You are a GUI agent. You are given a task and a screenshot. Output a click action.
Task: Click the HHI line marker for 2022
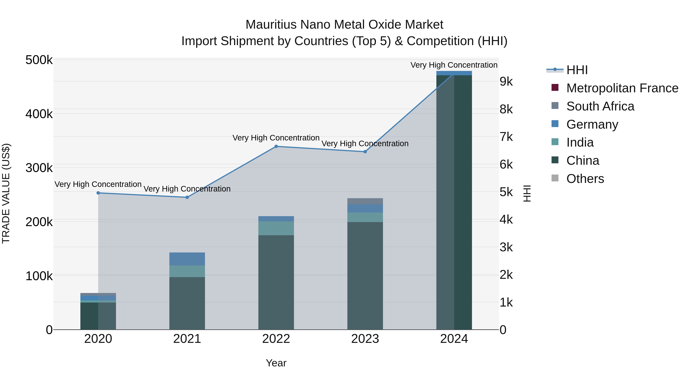coord(276,146)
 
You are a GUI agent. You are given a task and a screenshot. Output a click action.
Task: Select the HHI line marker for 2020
coord(98,193)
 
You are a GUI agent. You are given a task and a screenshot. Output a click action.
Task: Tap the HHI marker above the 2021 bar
coord(187,197)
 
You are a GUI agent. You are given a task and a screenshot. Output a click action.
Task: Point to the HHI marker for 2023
coord(365,152)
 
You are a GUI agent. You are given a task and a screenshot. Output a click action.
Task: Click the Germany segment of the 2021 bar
coord(187,259)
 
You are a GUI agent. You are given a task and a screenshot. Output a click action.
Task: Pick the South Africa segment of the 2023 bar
coord(365,201)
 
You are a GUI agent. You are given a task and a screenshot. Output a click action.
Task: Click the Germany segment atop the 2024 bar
coord(454,73)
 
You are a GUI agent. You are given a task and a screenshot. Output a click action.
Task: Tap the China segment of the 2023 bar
coord(365,275)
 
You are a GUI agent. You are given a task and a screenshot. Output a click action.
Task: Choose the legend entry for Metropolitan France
coord(622,88)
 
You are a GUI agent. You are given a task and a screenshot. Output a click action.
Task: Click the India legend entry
coord(580,142)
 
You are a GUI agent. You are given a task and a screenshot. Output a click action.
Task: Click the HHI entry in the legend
coord(577,70)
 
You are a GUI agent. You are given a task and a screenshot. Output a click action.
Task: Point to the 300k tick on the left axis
coord(39,168)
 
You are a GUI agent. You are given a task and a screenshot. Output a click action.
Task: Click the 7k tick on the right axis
coord(506,137)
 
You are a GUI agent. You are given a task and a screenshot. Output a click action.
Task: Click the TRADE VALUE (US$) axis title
coord(6,193)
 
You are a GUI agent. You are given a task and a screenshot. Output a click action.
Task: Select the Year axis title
coord(276,363)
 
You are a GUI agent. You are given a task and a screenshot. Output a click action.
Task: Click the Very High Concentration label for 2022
coord(276,138)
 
